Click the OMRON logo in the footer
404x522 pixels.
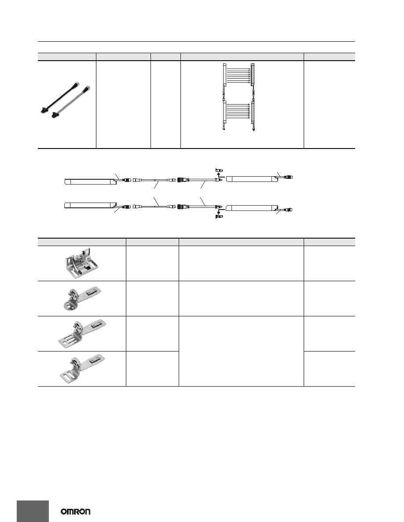(75, 511)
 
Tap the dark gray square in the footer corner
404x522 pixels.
(33, 511)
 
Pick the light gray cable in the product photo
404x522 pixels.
(71, 102)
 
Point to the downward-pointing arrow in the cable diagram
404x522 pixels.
(219, 212)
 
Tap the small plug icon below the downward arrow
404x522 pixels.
(219, 217)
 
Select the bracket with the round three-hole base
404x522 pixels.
(82, 298)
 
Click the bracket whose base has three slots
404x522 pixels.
(82, 333)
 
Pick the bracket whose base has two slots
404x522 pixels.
(82, 369)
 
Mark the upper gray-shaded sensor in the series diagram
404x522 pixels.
(253, 74)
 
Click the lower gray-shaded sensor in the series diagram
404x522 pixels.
(253, 112)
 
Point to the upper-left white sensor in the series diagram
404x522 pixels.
(224, 74)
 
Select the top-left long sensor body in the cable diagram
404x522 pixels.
(90, 181)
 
